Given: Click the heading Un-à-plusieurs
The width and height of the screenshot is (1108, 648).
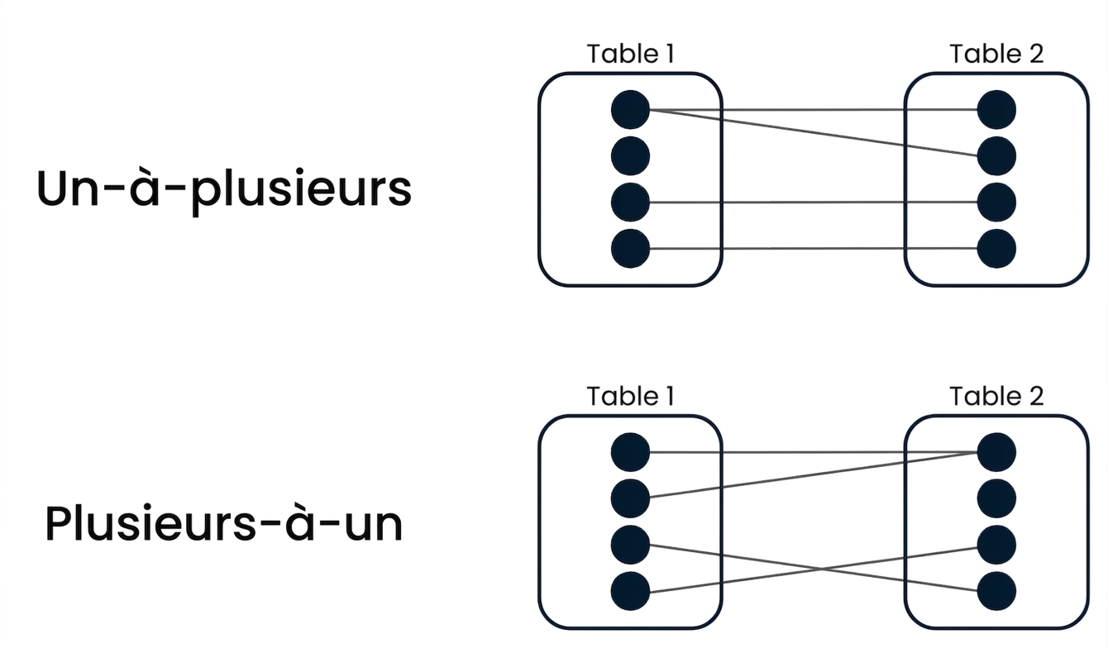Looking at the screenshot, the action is (x=223, y=190).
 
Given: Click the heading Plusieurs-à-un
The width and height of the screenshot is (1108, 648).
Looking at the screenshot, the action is (x=223, y=523).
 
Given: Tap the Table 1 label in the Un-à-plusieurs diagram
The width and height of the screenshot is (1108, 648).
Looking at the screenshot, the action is (x=631, y=54).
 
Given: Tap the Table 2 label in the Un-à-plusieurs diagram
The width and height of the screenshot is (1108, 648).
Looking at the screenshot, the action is (x=996, y=54).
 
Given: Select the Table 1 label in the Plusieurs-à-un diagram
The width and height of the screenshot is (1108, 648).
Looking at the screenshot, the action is (x=631, y=397).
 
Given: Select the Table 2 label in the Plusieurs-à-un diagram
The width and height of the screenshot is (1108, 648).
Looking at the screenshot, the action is (x=996, y=397).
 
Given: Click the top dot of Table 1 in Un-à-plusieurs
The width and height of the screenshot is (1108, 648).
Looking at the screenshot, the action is (x=630, y=110).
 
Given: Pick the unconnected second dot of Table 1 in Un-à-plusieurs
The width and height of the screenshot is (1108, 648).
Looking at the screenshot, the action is (x=630, y=156).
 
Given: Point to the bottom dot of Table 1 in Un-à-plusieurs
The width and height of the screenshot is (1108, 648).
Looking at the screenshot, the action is (x=630, y=249).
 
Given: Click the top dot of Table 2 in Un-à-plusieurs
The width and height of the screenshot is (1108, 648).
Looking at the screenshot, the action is (x=996, y=110).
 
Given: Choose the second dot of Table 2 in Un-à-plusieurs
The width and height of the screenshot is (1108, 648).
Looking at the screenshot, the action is (x=996, y=156).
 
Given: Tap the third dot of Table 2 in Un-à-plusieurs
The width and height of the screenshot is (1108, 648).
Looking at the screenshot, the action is (x=996, y=202).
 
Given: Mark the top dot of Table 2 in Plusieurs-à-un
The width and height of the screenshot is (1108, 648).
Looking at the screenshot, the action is (x=996, y=452).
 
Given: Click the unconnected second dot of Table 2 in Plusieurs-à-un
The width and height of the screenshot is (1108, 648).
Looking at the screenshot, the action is (x=996, y=498).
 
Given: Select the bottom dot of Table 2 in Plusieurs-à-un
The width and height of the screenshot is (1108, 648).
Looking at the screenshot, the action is (x=996, y=591).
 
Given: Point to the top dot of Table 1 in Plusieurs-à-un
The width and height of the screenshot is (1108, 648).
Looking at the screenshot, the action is (x=630, y=452).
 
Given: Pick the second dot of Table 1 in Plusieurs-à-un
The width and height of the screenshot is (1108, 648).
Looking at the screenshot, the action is (x=630, y=498).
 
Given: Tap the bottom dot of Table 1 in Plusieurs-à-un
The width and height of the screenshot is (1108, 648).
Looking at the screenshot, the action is (x=630, y=591).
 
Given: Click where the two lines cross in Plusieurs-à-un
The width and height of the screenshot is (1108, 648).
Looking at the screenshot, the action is (x=822, y=569).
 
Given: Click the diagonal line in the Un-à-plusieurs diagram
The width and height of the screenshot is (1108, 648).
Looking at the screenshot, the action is (x=814, y=133).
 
